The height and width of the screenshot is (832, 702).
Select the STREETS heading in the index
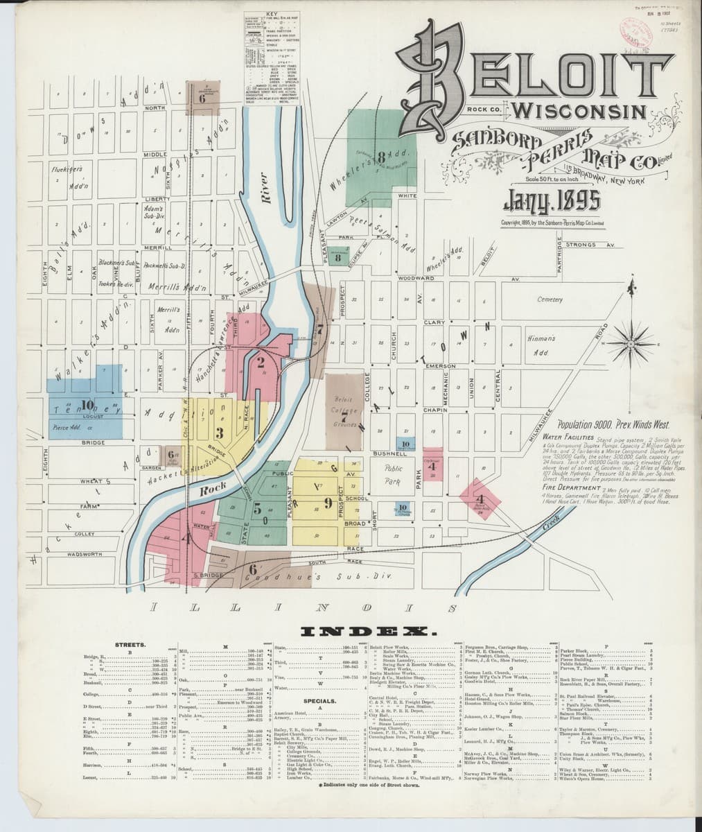point(130,644)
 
